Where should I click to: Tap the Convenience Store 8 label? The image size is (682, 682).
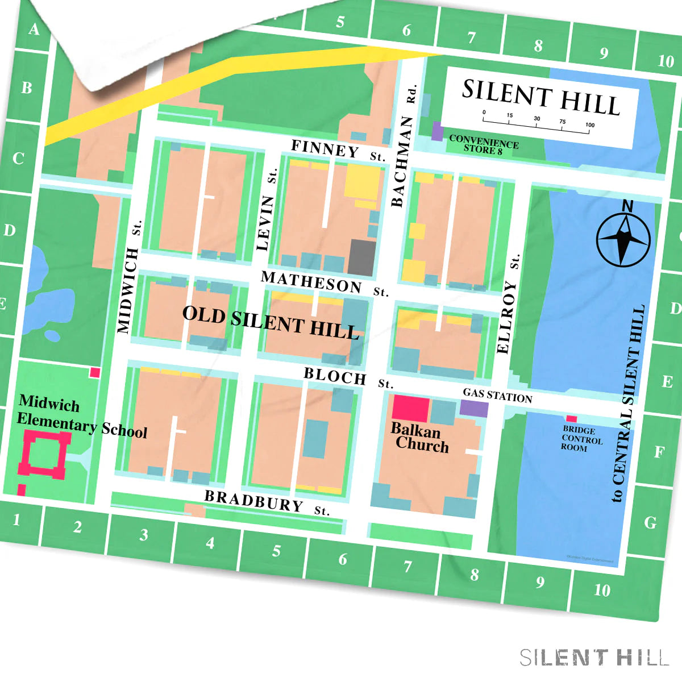484,145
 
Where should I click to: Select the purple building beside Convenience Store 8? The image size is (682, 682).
437,131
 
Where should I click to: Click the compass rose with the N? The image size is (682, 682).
623,239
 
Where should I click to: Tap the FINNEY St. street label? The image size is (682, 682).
338,151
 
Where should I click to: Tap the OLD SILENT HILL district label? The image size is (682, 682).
271,322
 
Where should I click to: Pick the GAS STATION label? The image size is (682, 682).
497,395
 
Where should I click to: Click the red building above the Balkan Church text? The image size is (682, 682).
410,409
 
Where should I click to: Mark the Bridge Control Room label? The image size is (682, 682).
581,439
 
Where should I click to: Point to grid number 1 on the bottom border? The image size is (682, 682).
16,519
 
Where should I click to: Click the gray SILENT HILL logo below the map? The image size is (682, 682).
594,658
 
